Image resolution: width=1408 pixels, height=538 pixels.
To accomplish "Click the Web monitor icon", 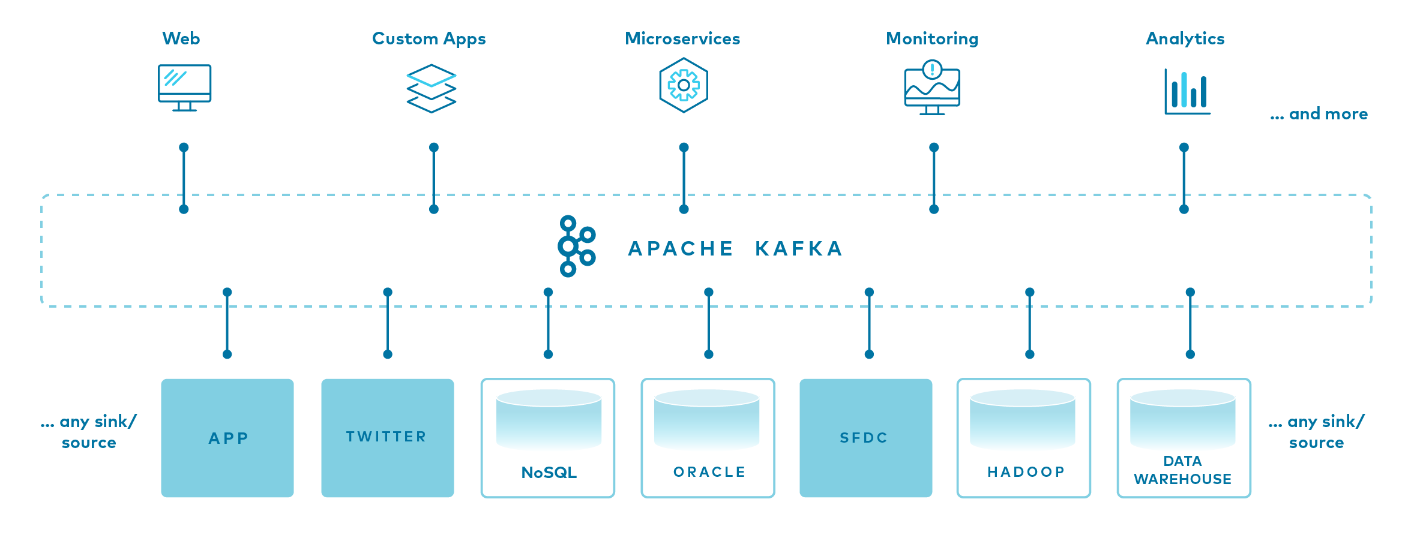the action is [184, 88].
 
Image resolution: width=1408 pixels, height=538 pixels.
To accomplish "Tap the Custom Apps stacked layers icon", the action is [432, 89].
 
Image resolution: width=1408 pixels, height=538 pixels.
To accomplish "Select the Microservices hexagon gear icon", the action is [684, 85].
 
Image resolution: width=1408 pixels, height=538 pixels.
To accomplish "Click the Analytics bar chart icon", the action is [1187, 91].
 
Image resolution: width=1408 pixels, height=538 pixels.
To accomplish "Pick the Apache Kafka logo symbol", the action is [576, 246].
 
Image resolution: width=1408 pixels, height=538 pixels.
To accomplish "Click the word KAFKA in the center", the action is [799, 248].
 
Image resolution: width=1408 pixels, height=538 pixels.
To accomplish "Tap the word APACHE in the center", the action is [681, 248].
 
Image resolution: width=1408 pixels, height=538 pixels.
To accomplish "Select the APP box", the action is [227, 438].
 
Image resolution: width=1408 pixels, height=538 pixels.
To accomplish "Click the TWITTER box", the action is [388, 438].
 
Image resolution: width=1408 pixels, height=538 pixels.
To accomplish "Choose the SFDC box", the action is [866, 438].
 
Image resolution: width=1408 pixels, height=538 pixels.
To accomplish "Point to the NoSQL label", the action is [549, 473].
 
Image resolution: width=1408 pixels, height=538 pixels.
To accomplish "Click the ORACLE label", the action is [709, 472].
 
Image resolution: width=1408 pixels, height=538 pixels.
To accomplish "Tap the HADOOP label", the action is [1026, 472].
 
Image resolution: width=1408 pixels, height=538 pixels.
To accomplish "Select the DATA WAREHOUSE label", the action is [1183, 470].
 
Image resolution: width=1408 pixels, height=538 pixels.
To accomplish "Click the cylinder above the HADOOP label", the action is [1023, 419].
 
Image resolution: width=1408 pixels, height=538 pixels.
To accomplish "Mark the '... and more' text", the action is [1319, 114].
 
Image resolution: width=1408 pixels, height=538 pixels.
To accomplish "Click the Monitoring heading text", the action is [932, 39].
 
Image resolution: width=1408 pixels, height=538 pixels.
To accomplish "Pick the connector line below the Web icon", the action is [184, 178].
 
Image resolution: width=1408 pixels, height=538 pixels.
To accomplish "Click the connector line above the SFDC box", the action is [869, 323].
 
